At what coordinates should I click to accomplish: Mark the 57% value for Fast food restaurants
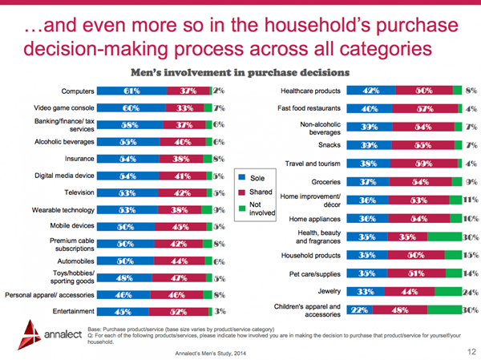coord(425,108)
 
